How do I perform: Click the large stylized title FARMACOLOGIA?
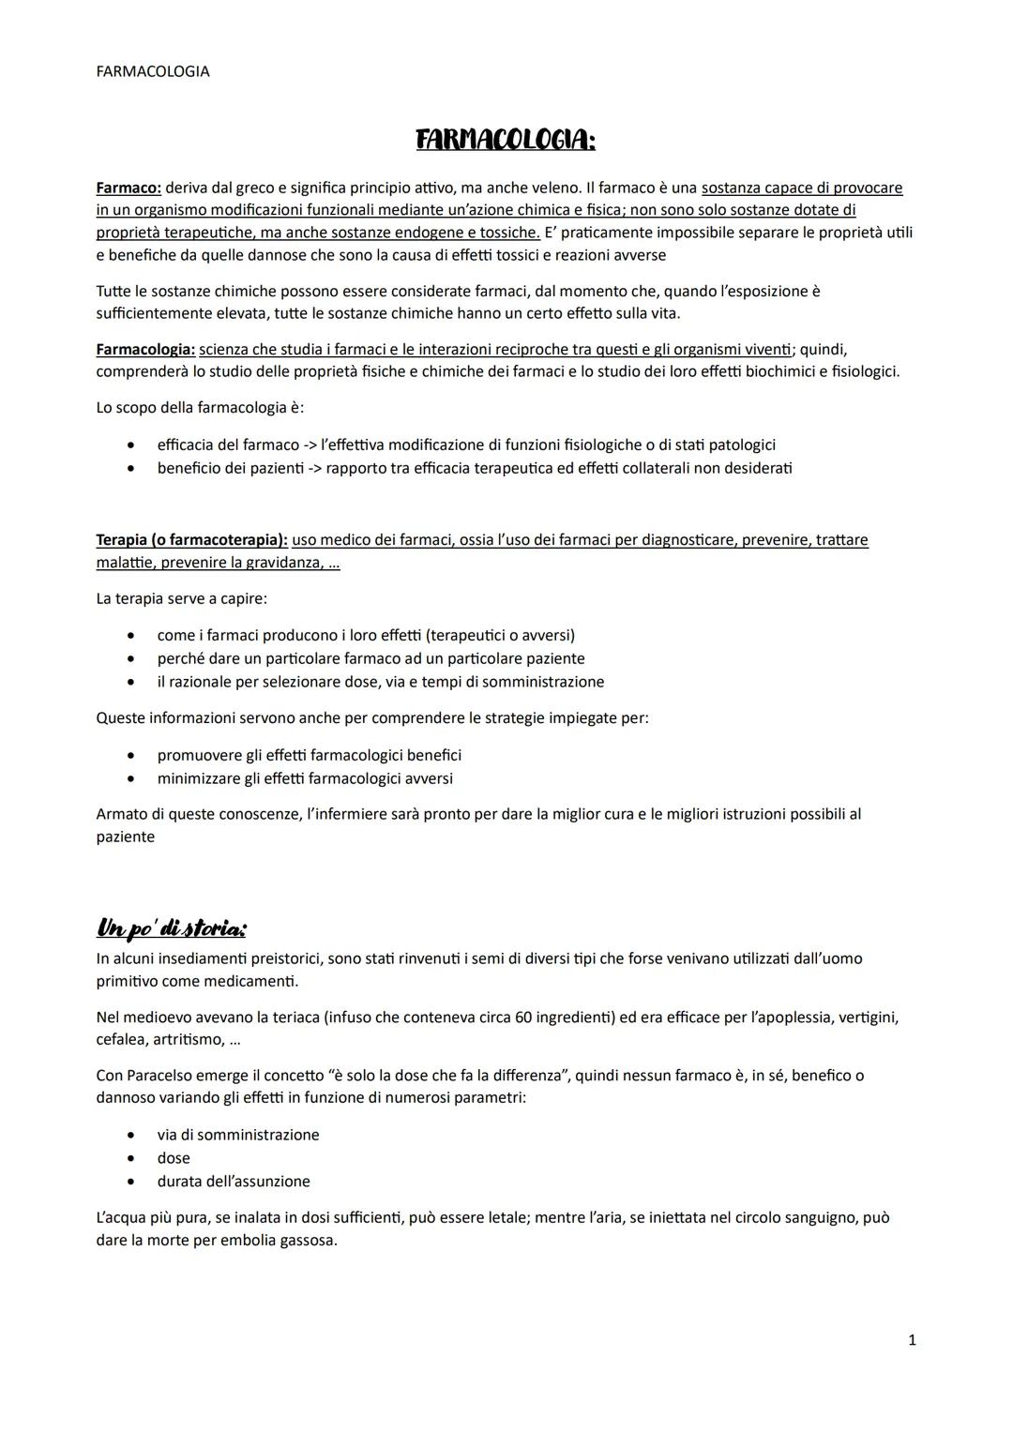coord(506,141)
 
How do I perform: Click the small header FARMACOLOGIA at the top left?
coord(153,71)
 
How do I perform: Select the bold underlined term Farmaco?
coord(129,188)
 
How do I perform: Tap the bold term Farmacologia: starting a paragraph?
coord(145,350)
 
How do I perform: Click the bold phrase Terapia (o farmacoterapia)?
coord(191,540)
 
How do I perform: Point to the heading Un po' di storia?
coord(172,929)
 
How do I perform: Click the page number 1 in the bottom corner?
coord(912,1341)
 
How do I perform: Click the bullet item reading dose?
coord(174,1158)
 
